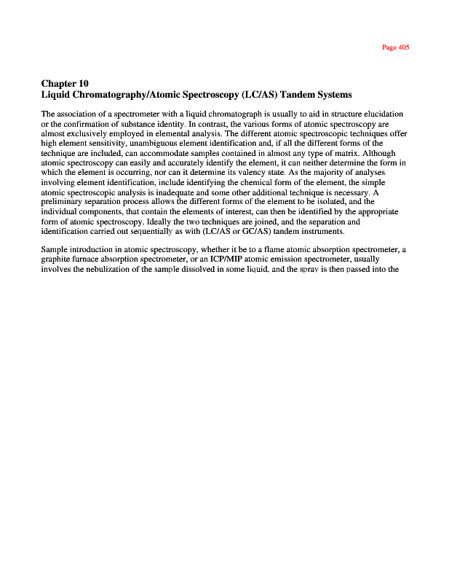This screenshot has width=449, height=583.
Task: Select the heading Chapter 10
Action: (65, 83)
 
